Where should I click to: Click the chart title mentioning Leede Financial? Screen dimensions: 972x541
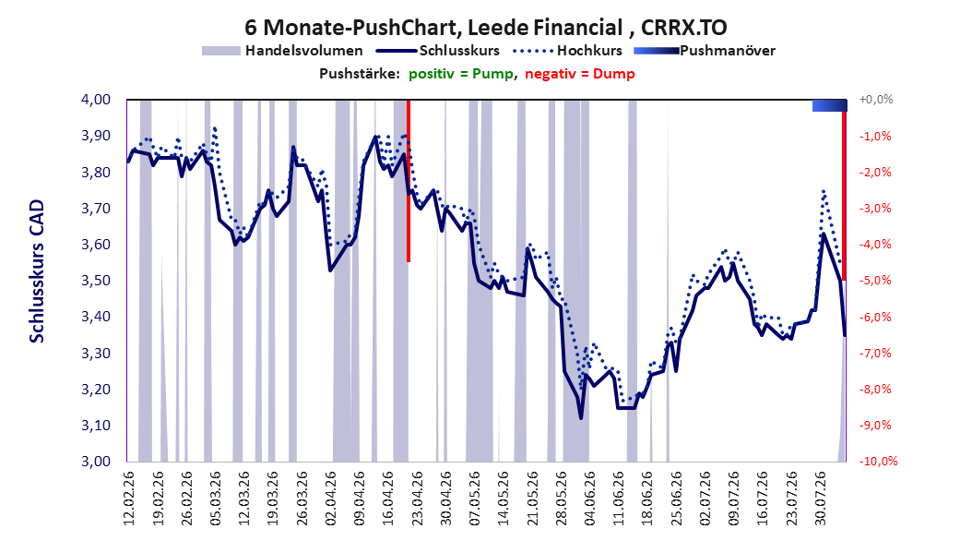click(x=486, y=28)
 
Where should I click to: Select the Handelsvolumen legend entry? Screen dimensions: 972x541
click(x=282, y=51)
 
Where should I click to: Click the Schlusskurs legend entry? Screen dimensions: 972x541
click(x=438, y=51)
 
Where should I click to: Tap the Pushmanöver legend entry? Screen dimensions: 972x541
click(x=705, y=51)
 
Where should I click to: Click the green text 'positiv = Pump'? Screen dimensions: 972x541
click(x=461, y=74)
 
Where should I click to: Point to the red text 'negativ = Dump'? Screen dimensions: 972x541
click(x=580, y=74)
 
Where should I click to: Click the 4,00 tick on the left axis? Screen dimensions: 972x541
click(x=96, y=100)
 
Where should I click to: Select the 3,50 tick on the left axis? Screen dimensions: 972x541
click(x=96, y=281)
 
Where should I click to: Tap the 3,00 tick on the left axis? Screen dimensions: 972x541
click(x=96, y=461)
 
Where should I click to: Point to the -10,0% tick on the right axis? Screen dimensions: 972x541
click(x=878, y=461)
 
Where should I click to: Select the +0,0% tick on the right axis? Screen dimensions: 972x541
click(x=876, y=100)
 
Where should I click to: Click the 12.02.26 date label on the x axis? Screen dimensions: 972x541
click(x=129, y=499)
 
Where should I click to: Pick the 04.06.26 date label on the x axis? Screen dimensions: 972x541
click(x=589, y=499)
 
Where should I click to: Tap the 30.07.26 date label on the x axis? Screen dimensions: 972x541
click(x=820, y=499)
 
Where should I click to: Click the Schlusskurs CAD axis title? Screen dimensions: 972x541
click(x=37, y=271)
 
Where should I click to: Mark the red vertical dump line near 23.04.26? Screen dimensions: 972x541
click(x=409, y=181)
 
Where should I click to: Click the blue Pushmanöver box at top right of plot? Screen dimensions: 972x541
click(x=829, y=105)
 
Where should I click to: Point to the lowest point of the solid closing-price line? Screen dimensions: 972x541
click(x=581, y=418)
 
